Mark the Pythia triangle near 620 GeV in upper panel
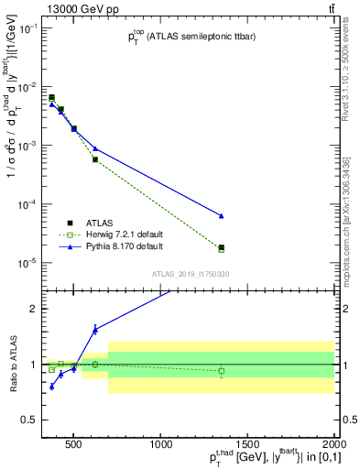[95, 148]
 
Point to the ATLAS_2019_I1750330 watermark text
[190, 274]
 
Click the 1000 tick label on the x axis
[160, 446]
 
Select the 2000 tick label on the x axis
[332, 446]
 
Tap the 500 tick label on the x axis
[74, 446]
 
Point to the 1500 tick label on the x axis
[246, 446]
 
